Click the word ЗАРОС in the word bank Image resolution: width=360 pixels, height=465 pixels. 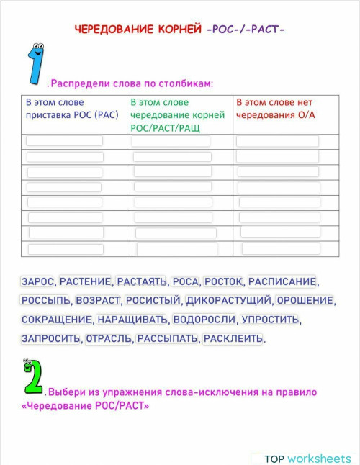(38, 281)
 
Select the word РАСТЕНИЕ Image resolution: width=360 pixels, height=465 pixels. (86, 281)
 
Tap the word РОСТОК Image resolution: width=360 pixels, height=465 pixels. (225, 281)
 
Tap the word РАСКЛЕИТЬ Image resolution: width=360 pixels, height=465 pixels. (233, 338)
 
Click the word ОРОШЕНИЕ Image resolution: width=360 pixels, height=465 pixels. (305, 300)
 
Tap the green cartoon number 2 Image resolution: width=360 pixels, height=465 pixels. (32, 378)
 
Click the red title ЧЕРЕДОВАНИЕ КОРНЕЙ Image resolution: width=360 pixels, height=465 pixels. (138, 30)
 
